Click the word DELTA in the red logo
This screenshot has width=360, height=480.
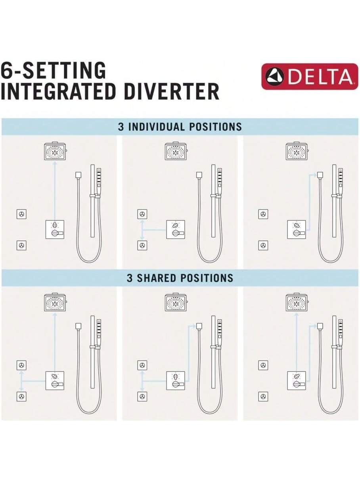tap(320, 77)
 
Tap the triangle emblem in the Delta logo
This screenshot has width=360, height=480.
tap(274, 76)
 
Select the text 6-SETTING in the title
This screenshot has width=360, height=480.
tap(53, 70)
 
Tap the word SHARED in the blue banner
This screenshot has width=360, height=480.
tap(156, 278)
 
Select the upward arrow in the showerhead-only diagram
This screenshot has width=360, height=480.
tap(55, 191)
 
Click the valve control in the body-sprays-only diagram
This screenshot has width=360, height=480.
tap(176, 229)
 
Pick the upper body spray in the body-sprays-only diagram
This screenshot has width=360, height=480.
tap(142, 214)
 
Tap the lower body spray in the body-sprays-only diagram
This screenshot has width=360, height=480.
tap(142, 246)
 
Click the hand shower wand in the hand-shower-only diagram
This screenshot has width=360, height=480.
tap(341, 181)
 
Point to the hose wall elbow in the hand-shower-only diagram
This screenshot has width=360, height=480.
tap(320, 175)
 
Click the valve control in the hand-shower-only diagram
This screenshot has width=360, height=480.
tap(297, 229)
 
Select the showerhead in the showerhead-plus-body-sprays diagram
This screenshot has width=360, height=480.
tap(55, 302)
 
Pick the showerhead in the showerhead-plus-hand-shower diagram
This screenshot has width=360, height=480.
tap(297, 302)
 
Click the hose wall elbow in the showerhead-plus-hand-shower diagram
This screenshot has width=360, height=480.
tap(320, 326)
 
